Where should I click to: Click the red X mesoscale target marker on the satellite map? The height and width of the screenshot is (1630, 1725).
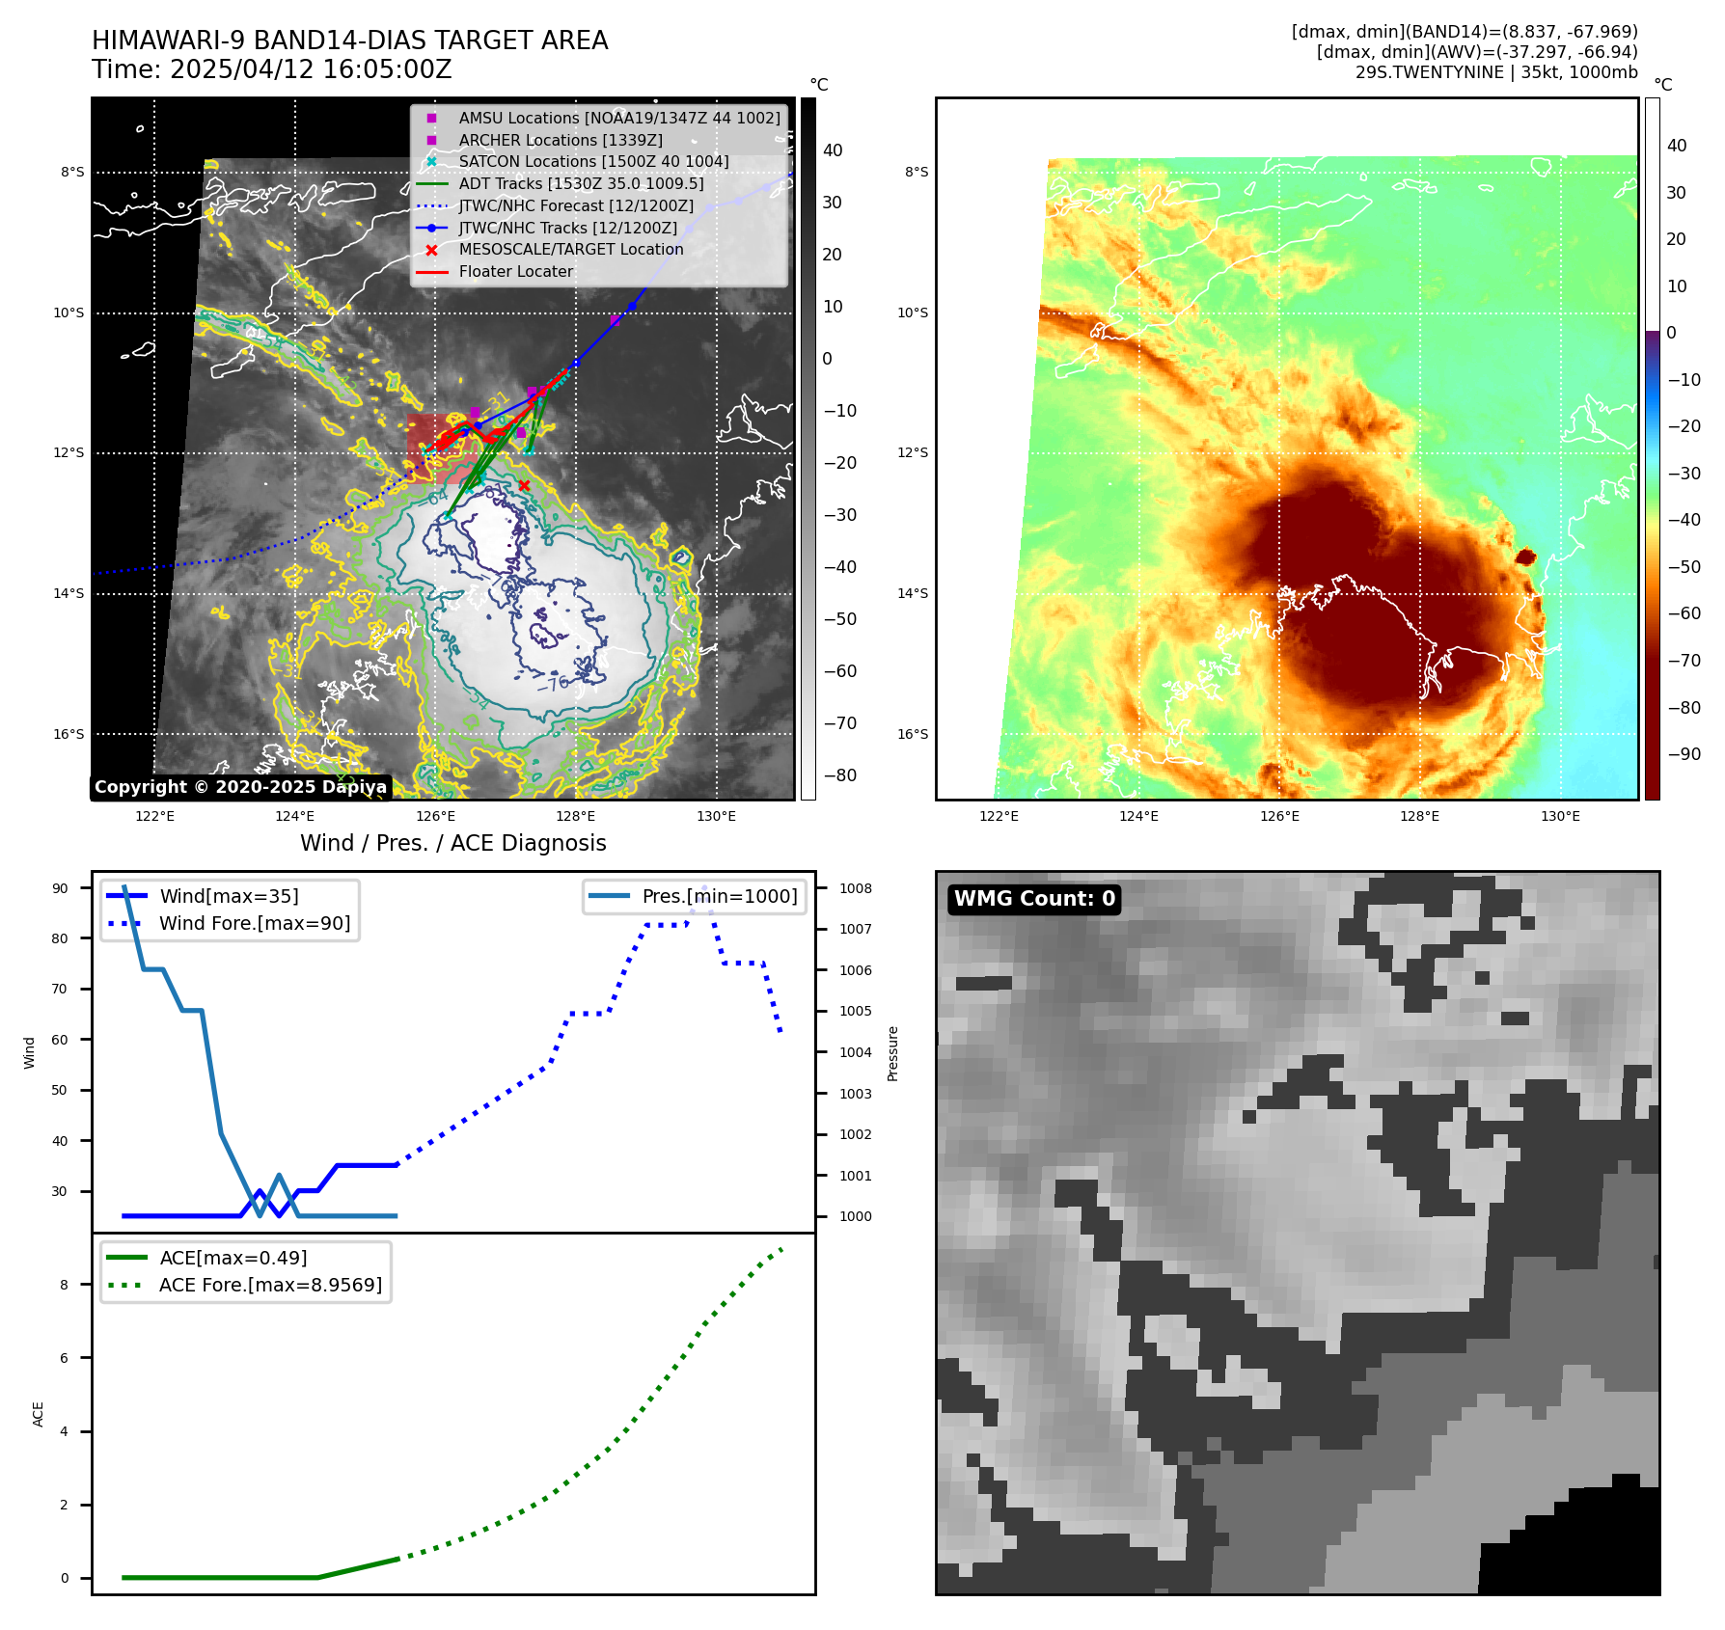524,485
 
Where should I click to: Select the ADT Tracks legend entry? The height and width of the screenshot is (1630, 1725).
581,183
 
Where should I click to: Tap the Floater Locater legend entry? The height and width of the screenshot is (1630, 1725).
515,271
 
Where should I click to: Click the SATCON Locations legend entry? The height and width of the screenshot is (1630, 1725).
593,161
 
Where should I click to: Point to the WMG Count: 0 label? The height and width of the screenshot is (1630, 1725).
1034,899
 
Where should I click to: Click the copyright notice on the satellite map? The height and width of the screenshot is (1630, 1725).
240,787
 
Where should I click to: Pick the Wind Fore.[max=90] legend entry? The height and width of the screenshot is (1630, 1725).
255,923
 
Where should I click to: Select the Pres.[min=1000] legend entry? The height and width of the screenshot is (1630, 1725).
720,896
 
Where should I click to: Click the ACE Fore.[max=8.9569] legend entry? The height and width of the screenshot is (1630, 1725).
270,1285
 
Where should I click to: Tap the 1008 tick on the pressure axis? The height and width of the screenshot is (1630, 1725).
855,888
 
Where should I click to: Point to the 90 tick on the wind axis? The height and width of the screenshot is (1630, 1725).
60,888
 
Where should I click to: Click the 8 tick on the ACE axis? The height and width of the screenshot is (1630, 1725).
65,1285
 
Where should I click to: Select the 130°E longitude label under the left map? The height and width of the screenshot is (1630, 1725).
716,816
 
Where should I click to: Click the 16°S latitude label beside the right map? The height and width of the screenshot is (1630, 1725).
913,734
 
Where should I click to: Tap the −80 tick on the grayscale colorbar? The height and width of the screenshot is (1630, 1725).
839,775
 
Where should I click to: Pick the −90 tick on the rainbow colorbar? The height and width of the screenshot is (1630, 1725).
1684,754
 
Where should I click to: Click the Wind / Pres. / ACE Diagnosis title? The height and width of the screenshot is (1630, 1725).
453,843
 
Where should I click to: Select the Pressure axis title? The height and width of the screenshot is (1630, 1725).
892,1053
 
